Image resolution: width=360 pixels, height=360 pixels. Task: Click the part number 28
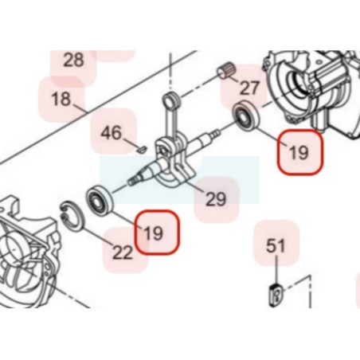pyautogui.click(x=74, y=60)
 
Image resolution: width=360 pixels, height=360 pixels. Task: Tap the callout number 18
pyautogui.click(x=61, y=99)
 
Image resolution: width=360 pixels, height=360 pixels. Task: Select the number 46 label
pyautogui.click(x=112, y=132)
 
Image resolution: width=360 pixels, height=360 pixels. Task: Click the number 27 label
pyautogui.click(x=249, y=88)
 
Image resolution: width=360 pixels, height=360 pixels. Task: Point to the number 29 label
pyautogui.click(x=216, y=199)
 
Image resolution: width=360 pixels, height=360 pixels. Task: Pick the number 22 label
pyautogui.click(x=123, y=252)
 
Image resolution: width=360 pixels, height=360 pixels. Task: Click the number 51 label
pyautogui.click(x=276, y=245)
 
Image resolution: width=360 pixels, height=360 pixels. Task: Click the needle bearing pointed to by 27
pyautogui.click(x=225, y=72)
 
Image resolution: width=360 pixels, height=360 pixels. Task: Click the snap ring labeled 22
pyautogui.click(x=72, y=216)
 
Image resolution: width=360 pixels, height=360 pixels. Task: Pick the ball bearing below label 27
pyautogui.click(x=246, y=115)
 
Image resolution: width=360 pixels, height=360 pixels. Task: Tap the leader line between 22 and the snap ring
pyautogui.click(x=96, y=236)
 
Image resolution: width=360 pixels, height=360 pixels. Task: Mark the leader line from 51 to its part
pyautogui.click(x=276, y=268)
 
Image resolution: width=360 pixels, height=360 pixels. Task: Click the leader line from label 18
pyautogui.click(x=80, y=109)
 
